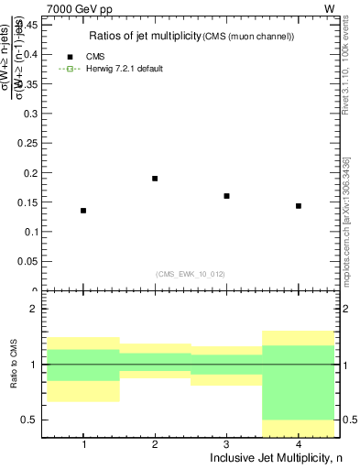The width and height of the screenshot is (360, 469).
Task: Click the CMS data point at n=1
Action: coord(83,211)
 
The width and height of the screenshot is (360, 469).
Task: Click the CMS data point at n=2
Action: coord(155,179)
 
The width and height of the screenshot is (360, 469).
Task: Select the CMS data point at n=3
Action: coord(226,196)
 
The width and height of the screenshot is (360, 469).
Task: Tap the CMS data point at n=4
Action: coord(299,206)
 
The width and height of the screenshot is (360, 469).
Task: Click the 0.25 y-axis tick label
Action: coord(28,143)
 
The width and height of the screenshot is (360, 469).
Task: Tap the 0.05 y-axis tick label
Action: coord(28,261)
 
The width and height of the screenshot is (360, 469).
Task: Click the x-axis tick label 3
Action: coord(226,444)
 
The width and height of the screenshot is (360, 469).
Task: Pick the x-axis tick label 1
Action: coord(83,444)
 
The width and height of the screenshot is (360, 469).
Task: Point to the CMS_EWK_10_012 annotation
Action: coord(190,273)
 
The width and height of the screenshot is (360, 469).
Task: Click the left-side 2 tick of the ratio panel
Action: coord(35,310)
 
